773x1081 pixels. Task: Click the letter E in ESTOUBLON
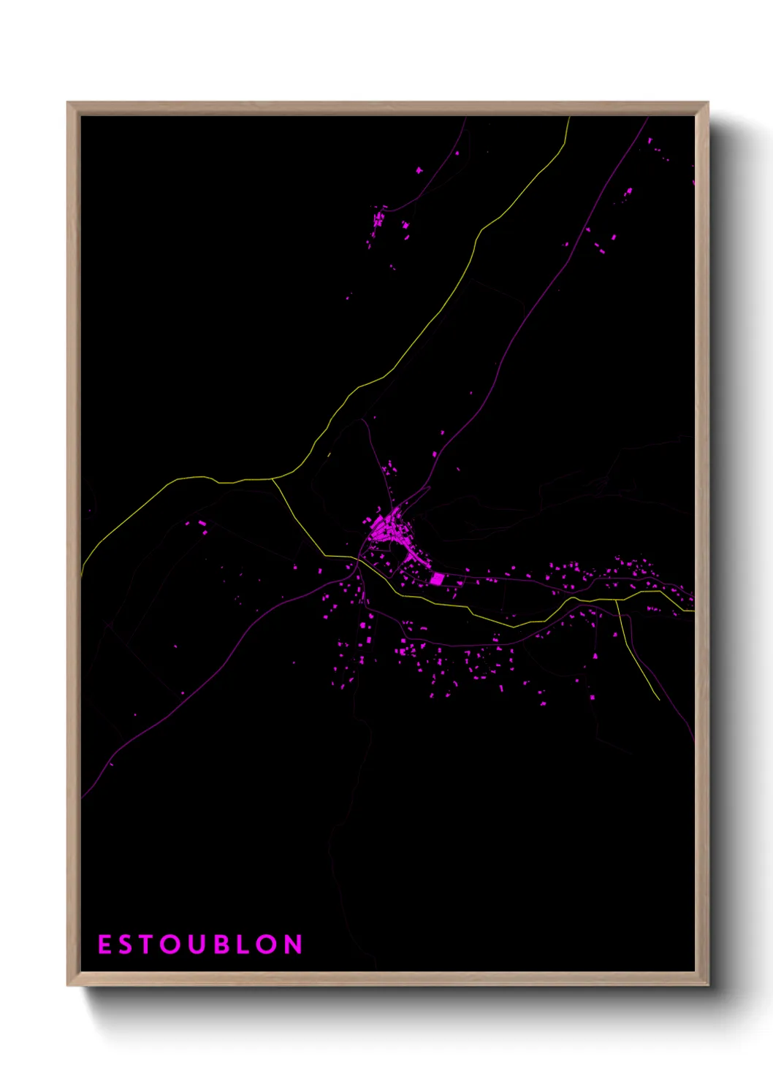(x=104, y=944)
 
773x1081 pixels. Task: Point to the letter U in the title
(x=197, y=944)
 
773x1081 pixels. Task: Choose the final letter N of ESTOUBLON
(x=293, y=944)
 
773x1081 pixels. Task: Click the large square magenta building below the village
(x=437, y=579)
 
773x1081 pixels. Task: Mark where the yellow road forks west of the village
(x=272, y=480)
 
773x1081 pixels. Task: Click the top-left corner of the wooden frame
(x=68, y=103)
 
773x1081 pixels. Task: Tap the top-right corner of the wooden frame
(x=707, y=103)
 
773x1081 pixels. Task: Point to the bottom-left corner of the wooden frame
(x=68, y=985)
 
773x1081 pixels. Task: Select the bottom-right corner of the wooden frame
(x=707, y=985)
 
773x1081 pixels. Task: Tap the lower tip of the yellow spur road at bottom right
(x=659, y=699)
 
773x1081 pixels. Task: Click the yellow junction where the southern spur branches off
(x=616, y=600)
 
